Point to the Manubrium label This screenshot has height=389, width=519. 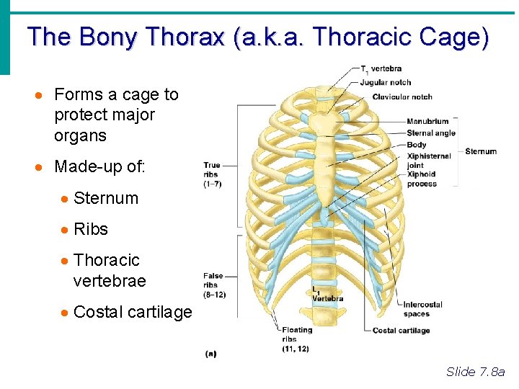click(427, 121)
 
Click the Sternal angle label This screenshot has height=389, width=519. click(431, 133)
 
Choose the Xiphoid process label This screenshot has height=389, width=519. click(422, 179)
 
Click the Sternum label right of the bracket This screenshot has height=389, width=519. click(481, 151)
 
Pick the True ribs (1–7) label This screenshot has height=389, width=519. click(212, 174)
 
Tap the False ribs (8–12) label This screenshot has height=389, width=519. click(213, 285)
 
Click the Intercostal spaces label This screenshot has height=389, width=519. click(422, 309)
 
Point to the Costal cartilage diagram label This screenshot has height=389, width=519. click(401, 331)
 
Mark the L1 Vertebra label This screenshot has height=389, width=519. click(327, 295)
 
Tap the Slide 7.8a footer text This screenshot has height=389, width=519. click(476, 372)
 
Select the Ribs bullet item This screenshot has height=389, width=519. click(91, 229)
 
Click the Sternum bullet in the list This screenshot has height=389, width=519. click(105, 198)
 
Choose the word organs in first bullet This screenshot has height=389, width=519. click(80, 135)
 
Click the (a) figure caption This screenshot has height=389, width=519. click(211, 353)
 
